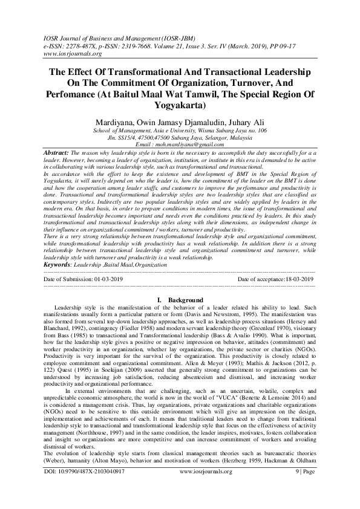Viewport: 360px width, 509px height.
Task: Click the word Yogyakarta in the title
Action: (180, 108)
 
